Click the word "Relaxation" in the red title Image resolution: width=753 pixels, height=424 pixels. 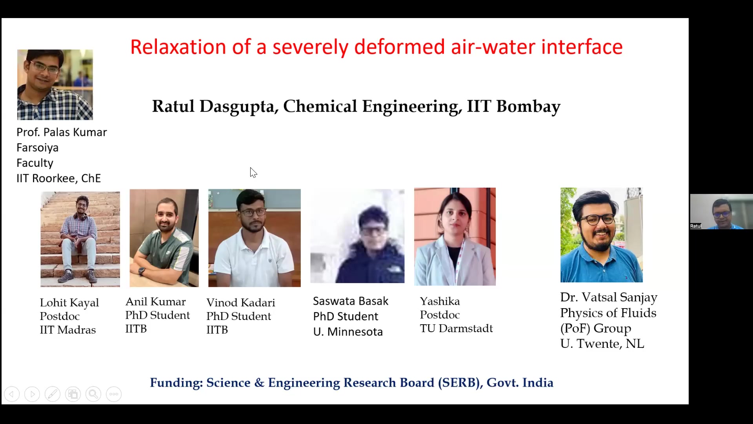click(178, 47)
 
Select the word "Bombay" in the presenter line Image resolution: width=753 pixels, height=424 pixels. click(528, 107)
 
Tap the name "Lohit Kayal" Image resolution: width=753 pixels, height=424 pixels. click(69, 303)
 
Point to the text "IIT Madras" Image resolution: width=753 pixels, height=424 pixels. click(68, 330)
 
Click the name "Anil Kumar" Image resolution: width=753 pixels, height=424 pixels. click(156, 302)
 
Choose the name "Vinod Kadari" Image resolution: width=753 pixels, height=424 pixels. click(241, 303)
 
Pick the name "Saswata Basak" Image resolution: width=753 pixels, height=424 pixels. click(351, 301)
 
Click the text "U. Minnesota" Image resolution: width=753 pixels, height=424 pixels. click(348, 332)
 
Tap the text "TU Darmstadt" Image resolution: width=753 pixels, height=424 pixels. click(456, 328)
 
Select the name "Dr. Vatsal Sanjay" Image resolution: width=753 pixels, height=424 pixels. click(609, 298)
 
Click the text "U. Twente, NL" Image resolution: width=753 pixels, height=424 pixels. click(602, 344)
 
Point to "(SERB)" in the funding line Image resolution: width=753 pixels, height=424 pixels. click(460, 383)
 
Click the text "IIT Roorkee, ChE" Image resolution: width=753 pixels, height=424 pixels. click(59, 178)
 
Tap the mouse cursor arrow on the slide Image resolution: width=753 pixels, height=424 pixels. click(253, 172)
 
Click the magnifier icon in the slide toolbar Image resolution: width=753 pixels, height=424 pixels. click(93, 394)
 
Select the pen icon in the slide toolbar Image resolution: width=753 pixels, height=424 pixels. click(53, 394)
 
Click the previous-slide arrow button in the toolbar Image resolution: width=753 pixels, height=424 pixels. click(12, 394)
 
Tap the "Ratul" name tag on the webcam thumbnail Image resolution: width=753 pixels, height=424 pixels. click(696, 226)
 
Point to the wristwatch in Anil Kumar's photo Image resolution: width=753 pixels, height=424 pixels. click(142, 271)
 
